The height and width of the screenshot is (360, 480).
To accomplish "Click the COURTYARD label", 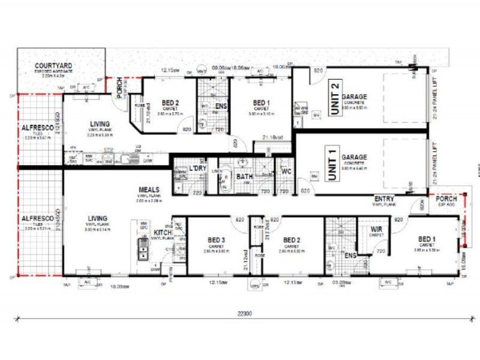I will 53,65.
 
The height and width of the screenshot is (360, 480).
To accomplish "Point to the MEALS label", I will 149,190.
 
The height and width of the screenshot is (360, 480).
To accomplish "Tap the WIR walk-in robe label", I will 376,229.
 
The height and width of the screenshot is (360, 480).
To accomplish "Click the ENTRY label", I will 384,199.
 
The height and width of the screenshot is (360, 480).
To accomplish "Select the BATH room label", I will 244,177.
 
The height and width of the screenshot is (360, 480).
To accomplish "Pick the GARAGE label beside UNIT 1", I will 354,157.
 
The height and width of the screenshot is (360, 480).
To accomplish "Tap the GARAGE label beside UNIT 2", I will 354,97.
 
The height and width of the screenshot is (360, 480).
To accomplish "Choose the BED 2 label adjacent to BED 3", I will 292,240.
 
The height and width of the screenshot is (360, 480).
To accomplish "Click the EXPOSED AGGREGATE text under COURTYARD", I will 53,71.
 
